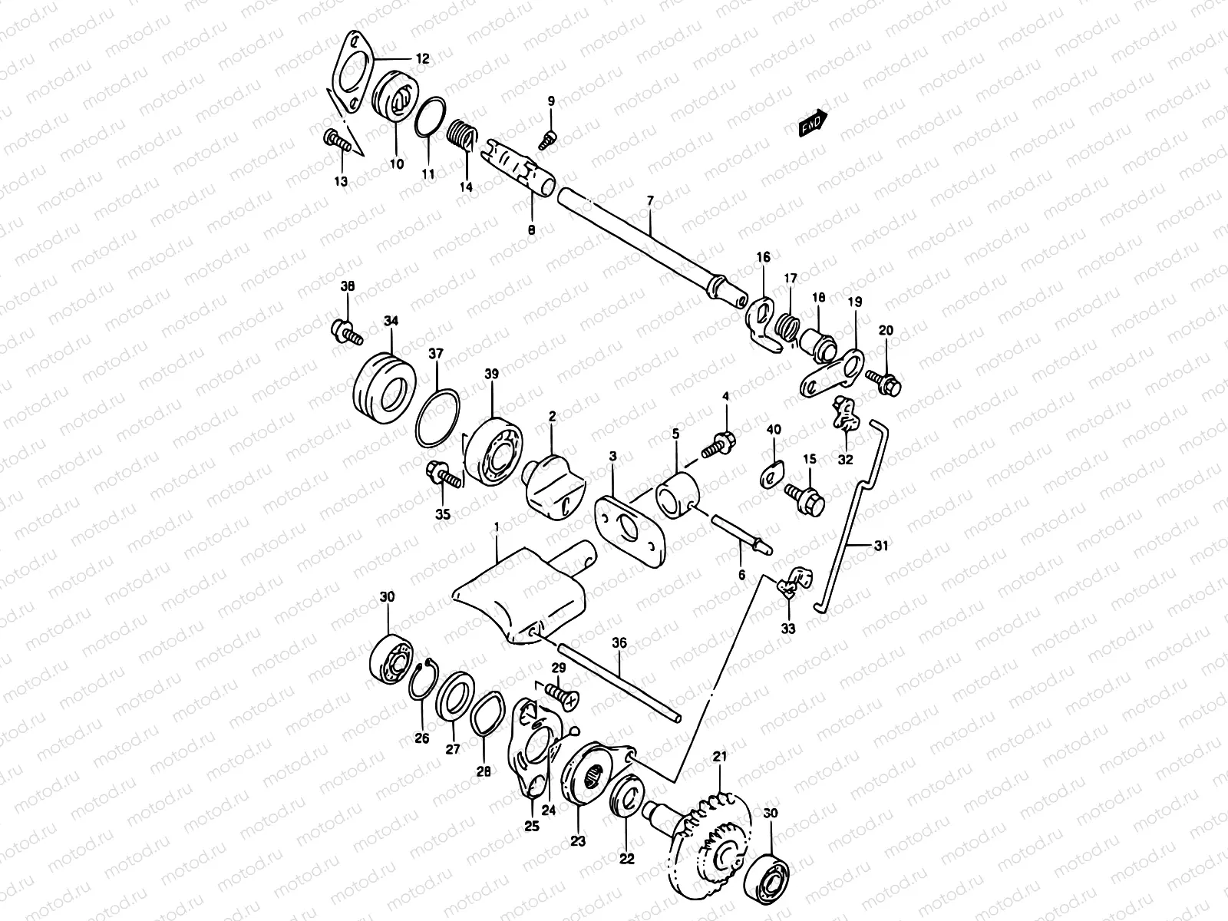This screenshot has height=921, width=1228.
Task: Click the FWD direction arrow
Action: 813,123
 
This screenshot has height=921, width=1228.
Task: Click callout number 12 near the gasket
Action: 423,58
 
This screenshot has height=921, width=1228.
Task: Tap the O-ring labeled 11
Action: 433,117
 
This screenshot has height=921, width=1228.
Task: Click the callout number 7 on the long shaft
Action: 649,201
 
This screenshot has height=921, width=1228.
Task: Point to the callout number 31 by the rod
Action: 881,546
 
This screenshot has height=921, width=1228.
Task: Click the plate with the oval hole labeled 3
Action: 629,527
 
